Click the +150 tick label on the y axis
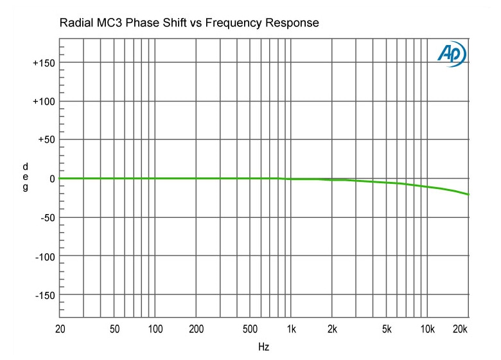click(x=43, y=63)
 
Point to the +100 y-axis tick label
click(x=43, y=102)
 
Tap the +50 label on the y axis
click(x=46, y=139)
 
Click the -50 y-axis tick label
click(x=46, y=217)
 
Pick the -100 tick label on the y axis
click(x=44, y=256)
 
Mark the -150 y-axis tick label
click(x=44, y=295)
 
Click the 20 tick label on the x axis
click(x=60, y=329)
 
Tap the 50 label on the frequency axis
click(x=114, y=329)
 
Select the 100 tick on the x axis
click(x=155, y=329)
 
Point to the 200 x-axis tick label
click(x=197, y=329)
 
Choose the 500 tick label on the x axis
click(x=251, y=329)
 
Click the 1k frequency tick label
click(x=291, y=329)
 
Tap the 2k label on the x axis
click(x=332, y=329)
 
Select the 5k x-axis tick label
click(x=386, y=329)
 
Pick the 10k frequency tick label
click(x=427, y=329)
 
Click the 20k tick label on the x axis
click(x=460, y=329)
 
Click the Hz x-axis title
click(x=263, y=346)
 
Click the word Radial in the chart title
click(x=76, y=24)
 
